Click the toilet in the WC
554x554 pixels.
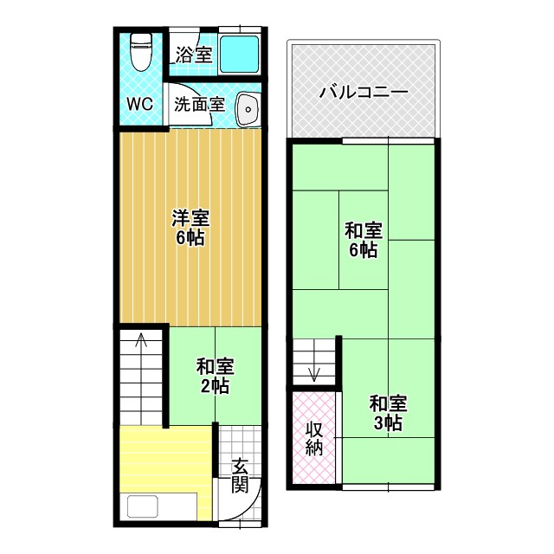point(140,52)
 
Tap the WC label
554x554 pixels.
point(140,104)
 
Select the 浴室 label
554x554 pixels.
point(193,55)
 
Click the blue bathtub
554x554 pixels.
point(240,55)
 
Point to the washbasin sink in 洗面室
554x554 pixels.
point(248,110)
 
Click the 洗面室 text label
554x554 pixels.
point(199,105)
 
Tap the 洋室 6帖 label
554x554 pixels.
point(190,227)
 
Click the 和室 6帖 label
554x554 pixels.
point(363,240)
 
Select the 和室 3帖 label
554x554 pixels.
point(387,412)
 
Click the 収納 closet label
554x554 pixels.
point(313,437)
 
